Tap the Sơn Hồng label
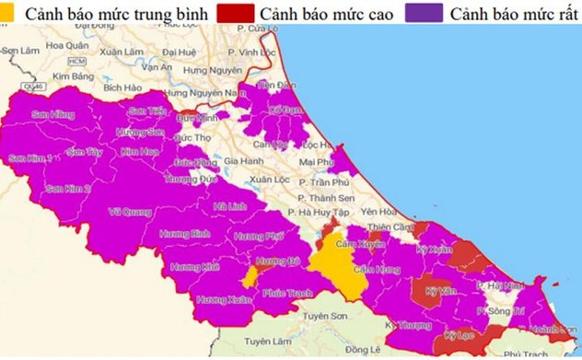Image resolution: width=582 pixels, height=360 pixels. pos(52,114)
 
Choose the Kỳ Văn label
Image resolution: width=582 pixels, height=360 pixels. pos(442,290)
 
